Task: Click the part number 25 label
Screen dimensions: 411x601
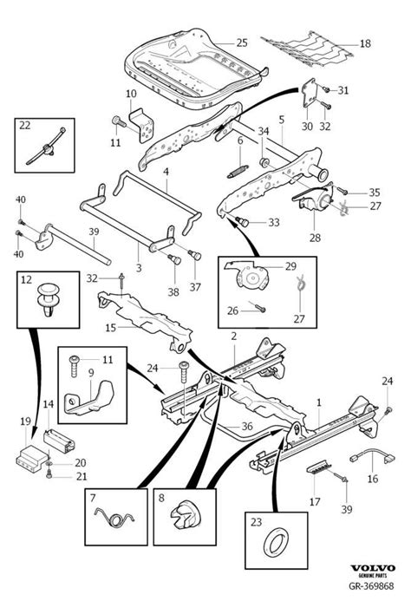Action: (242, 42)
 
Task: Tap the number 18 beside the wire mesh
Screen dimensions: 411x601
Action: (365, 43)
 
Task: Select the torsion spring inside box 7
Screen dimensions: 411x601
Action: (115, 518)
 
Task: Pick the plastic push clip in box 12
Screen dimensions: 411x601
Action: (48, 300)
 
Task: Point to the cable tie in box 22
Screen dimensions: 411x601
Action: (46, 146)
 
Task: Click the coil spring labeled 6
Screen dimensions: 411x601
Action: (238, 172)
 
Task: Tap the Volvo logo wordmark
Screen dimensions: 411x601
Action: (372, 568)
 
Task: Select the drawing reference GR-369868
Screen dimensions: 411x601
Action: (371, 585)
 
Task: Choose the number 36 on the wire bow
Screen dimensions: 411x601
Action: (247, 426)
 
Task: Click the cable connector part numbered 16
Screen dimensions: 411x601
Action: (373, 455)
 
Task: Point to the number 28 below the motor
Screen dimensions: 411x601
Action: (315, 238)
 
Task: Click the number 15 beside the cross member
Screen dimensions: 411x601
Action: (111, 328)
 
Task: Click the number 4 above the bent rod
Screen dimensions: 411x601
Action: (166, 172)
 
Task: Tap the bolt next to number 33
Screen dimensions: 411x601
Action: (242, 221)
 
